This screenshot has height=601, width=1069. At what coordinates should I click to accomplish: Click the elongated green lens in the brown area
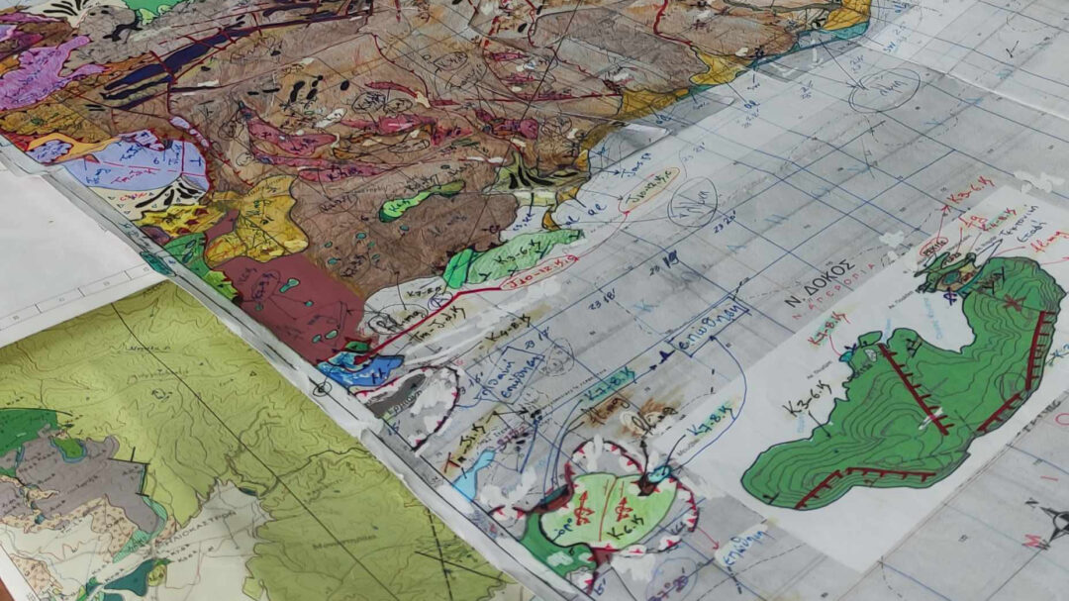(x=421, y=200)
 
